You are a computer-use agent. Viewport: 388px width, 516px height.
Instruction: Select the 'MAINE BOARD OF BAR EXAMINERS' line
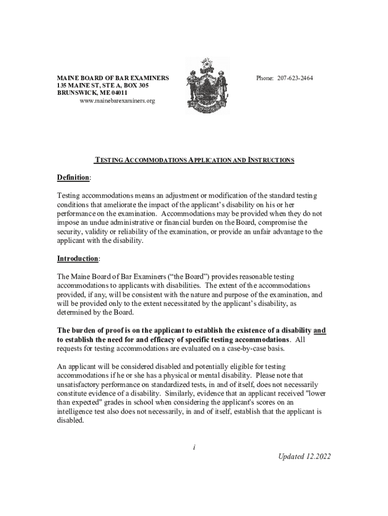tap(112, 78)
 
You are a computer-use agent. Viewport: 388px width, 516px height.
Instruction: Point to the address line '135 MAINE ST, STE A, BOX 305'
tap(103, 86)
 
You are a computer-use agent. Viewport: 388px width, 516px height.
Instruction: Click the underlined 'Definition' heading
tap(73, 178)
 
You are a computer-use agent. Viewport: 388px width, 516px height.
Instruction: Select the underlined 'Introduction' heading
tap(78, 259)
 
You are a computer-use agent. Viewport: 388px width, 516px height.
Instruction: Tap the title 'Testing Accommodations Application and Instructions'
tap(195, 160)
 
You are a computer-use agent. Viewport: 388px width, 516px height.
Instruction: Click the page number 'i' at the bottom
tap(194, 446)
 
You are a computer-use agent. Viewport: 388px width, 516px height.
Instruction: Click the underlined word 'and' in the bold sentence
tap(320, 331)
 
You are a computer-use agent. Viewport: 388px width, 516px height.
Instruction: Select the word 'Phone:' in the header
tap(265, 78)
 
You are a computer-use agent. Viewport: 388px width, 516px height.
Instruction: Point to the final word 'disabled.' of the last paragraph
tap(71, 420)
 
